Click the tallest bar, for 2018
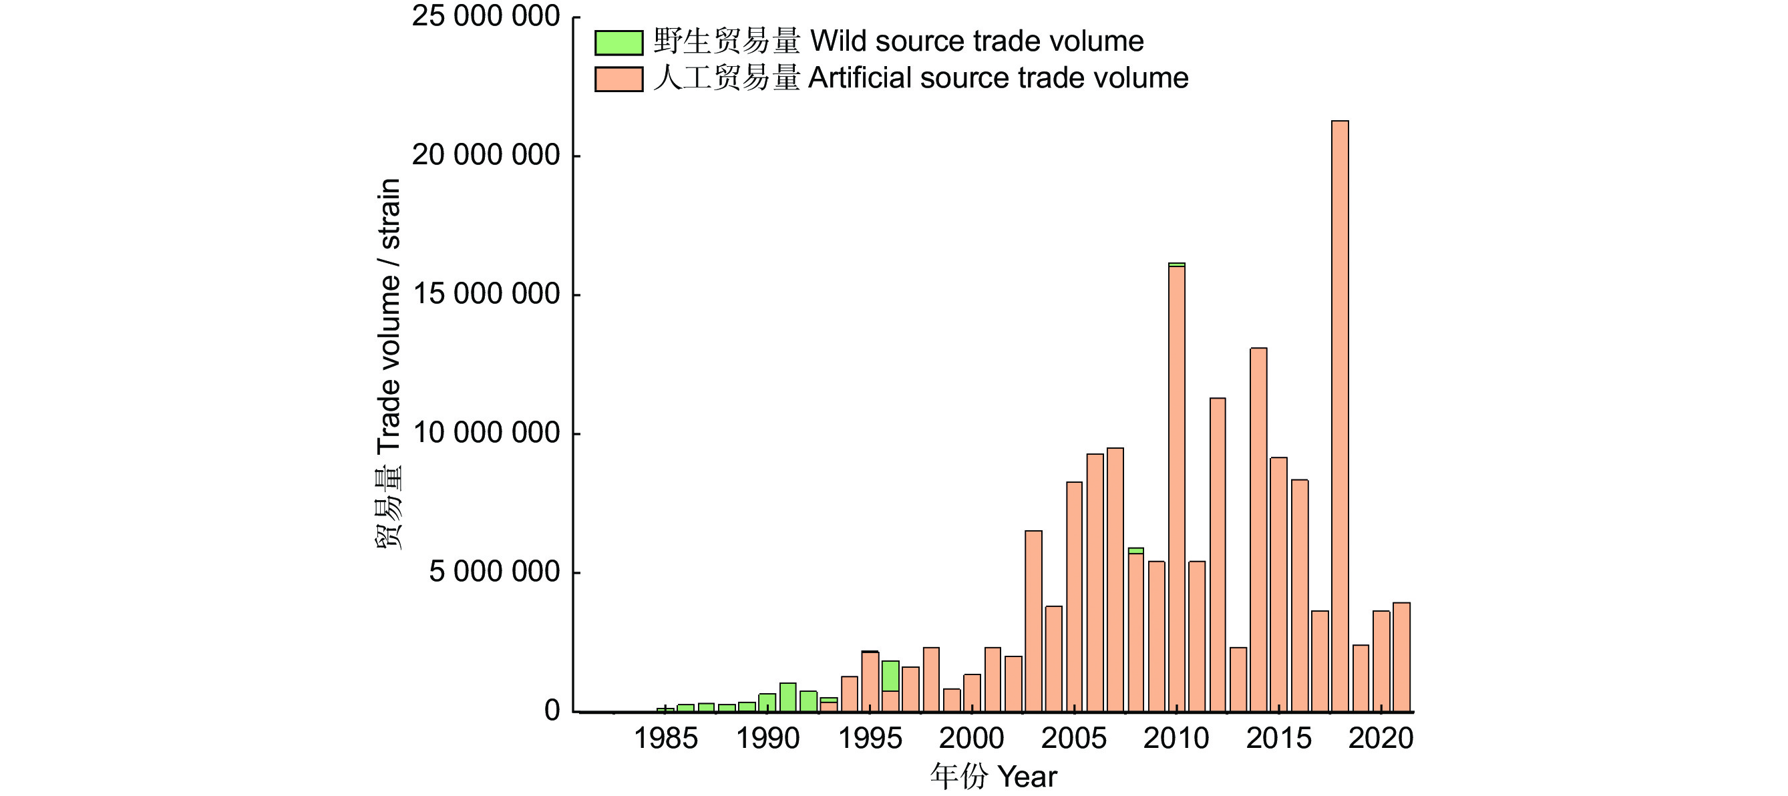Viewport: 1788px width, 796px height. coord(1340,417)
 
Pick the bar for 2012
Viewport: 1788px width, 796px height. coord(1218,555)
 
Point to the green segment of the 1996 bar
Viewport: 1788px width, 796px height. coord(890,676)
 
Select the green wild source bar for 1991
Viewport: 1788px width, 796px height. coord(788,697)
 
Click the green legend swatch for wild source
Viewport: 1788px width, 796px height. coord(618,42)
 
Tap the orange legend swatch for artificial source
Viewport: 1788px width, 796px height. coord(618,79)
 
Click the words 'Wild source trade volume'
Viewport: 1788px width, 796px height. coord(976,41)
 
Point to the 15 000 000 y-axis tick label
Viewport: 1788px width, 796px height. coord(486,294)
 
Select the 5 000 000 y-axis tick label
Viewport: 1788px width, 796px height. coord(494,572)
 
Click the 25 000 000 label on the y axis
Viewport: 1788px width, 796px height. coord(486,16)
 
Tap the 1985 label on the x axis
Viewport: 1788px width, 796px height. coord(666,739)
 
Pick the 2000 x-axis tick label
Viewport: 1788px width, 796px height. coord(972,739)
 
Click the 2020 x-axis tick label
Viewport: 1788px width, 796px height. coord(1381,739)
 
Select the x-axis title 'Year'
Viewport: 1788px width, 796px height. coord(1027,777)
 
